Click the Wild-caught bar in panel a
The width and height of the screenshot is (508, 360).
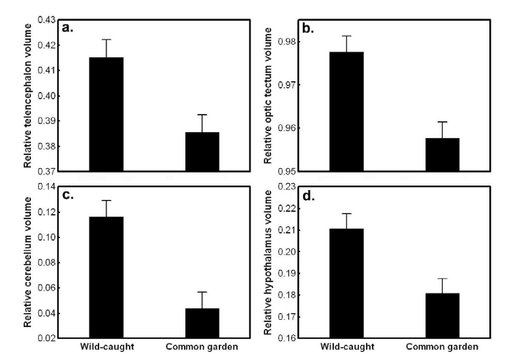click(x=106, y=114)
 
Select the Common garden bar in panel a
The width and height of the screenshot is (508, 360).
click(x=202, y=152)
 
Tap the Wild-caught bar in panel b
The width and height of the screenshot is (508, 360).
click(x=346, y=111)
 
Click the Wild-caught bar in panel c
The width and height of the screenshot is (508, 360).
click(x=106, y=277)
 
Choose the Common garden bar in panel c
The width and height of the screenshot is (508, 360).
click(x=202, y=323)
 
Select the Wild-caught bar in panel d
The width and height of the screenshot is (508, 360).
click(x=346, y=283)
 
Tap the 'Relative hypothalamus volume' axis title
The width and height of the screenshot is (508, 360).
click(x=268, y=263)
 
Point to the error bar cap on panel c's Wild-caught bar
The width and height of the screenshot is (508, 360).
click(x=106, y=200)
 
